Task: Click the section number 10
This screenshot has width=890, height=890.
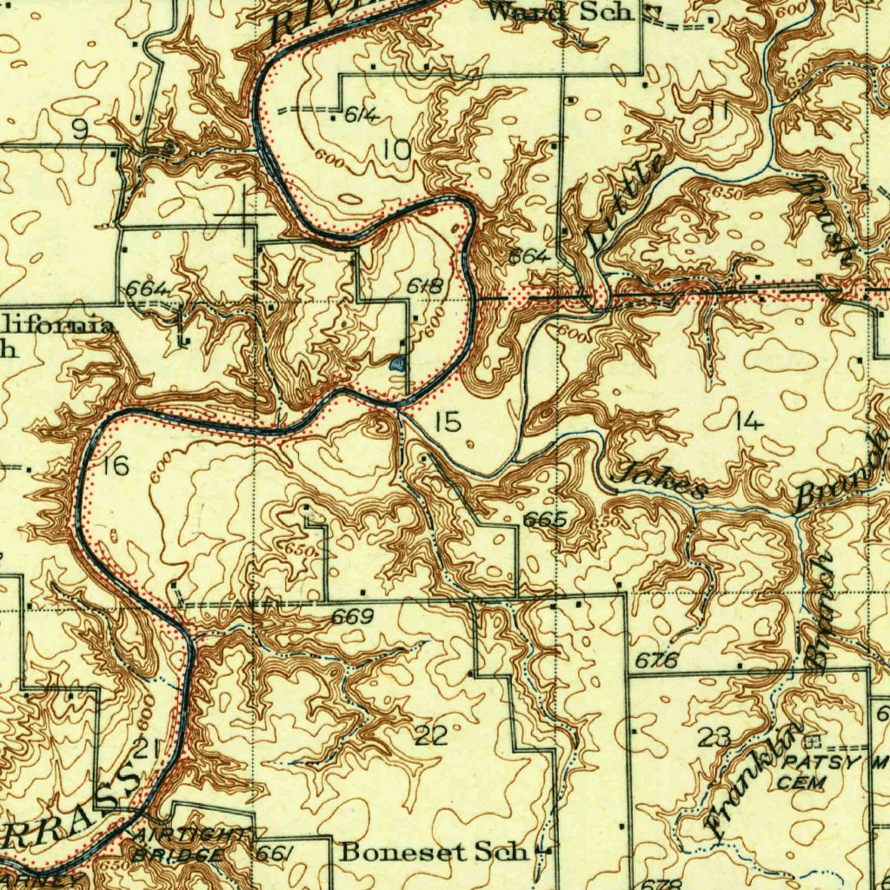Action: [397, 150]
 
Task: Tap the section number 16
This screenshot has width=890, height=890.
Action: [116, 466]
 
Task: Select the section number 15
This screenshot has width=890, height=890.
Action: [448, 423]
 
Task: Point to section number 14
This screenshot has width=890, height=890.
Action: [748, 423]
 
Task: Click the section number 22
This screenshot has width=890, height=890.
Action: [431, 737]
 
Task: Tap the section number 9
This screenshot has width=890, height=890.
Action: [80, 130]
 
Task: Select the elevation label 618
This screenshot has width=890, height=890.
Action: [426, 286]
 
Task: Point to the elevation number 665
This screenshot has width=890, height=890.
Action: [545, 520]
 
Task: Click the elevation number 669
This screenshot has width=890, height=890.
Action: [352, 617]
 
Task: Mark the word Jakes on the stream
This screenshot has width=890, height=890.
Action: [660, 483]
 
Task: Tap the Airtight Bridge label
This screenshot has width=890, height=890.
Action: [183, 844]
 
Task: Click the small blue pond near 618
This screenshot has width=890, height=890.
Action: [398, 364]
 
